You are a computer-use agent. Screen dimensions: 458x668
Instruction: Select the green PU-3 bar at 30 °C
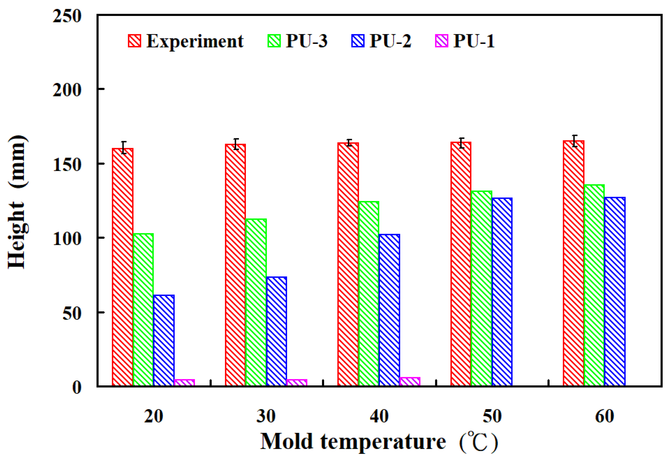256,302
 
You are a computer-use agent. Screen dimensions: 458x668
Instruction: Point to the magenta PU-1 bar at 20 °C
184,383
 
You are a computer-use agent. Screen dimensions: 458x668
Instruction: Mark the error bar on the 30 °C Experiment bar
236,144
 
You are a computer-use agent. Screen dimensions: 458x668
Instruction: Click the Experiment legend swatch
135,41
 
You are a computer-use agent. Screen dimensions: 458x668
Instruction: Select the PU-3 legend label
306,41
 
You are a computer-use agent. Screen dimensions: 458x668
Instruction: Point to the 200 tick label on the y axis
67,90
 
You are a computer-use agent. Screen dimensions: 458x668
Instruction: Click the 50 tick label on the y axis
72,313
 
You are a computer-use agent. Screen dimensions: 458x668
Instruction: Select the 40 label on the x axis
379,416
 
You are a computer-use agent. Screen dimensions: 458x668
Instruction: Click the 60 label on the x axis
604,416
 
